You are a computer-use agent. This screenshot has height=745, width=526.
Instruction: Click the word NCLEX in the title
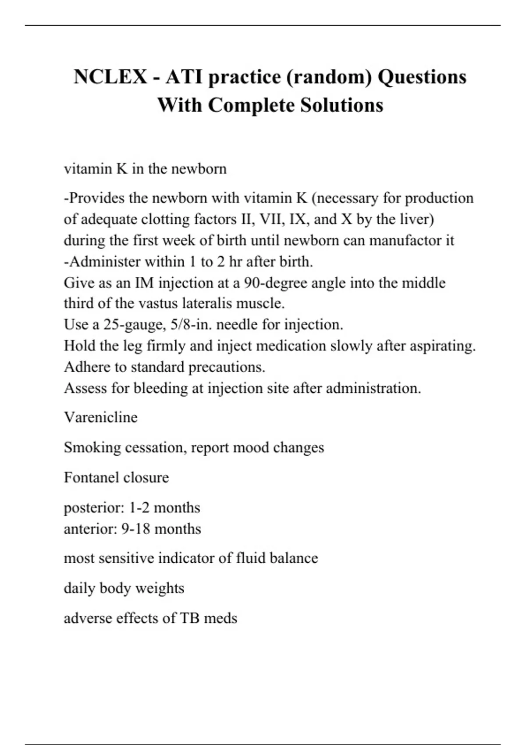tap(110, 77)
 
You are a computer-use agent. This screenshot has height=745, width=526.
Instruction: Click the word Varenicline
tap(101, 417)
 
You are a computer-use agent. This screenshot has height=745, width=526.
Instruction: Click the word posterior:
tap(94, 508)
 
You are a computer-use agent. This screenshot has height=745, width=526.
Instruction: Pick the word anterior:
tap(90, 529)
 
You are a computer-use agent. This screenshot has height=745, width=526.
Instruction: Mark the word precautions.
tap(227, 367)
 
